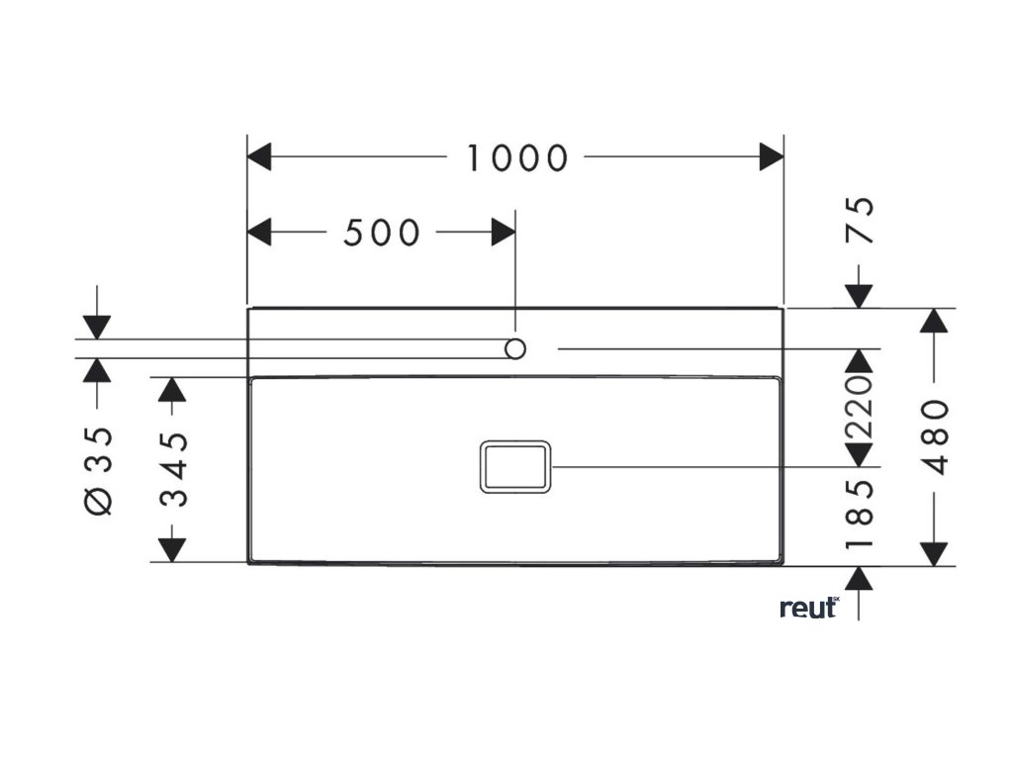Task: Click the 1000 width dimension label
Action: pyautogui.click(x=517, y=157)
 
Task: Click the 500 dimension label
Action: pyautogui.click(x=382, y=234)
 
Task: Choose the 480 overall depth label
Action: pyautogui.click(x=935, y=437)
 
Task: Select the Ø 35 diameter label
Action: pyautogui.click(x=99, y=471)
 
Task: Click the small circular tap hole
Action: pyautogui.click(x=515, y=348)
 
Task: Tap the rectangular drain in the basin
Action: pyautogui.click(x=515, y=466)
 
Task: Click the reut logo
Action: pyautogui.click(x=809, y=608)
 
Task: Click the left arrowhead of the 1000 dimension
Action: pyautogui.click(x=259, y=156)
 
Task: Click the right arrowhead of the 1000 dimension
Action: pyautogui.click(x=772, y=156)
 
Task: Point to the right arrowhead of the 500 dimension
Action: pyautogui.click(x=504, y=233)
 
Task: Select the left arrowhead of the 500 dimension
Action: pyautogui.click(x=259, y=233)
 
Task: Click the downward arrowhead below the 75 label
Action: pyautogui.click(x=859, y=295)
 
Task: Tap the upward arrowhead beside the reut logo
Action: pyautogui.click(x=859, y=579)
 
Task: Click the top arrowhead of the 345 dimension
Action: pyautogui.click(x=173, y=389)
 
